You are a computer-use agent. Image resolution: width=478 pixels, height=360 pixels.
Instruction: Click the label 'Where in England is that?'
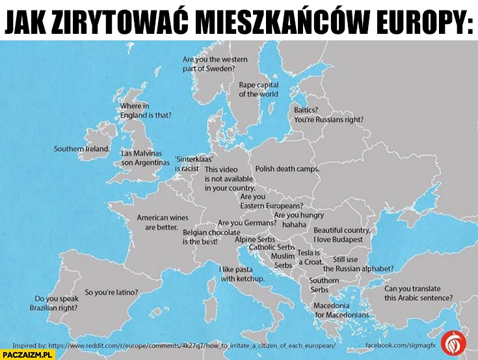145,111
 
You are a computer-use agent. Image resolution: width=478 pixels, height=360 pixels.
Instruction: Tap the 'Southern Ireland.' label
81,149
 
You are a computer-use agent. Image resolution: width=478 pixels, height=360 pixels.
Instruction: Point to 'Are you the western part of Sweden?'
209,63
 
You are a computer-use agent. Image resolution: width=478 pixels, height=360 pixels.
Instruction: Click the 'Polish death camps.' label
287,169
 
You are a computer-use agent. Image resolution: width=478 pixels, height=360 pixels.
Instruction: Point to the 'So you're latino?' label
111,292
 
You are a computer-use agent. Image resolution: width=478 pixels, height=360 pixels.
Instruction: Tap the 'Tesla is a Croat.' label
310,257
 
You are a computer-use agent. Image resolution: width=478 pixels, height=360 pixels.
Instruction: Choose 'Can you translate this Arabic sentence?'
418,293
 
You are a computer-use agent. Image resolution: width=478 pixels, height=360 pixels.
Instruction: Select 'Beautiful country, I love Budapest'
342,234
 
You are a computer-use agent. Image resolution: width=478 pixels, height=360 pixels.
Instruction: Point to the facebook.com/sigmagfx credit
395,340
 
